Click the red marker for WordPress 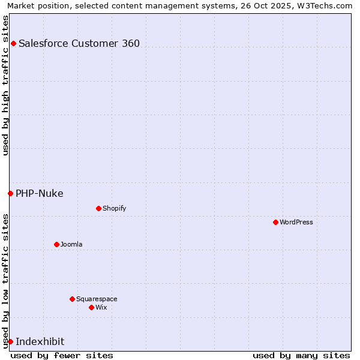click(275, 222)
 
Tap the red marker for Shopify click(98, 208)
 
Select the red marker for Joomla click(56, 244)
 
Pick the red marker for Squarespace click(72, 299)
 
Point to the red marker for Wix click(91, 307)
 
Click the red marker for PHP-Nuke click(10, 193)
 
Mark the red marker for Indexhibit click(10, 341)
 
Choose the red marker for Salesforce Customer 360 click(13, 43)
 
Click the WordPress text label click(296, 222)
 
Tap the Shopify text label click(115, 208)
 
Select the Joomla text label click(71, 244)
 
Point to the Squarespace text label click(97, 299)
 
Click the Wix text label click(101, 307)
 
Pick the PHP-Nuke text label click(40, 193)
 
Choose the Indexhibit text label click(40, 341)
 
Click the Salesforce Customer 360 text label click(79, 43)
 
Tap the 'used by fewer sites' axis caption click(62, 355)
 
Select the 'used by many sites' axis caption click(301, 355)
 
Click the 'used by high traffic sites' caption click(5, 85)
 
